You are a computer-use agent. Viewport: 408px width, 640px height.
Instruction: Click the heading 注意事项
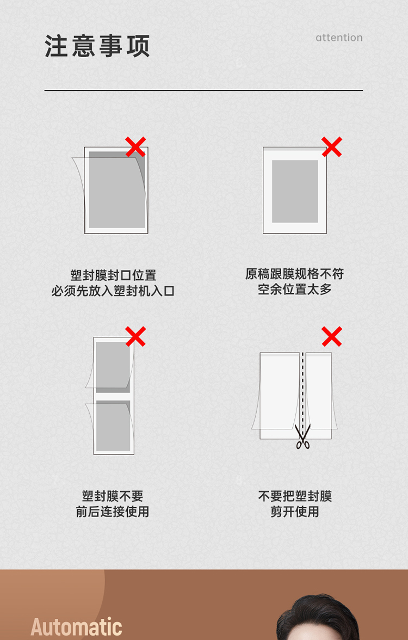(97, 46)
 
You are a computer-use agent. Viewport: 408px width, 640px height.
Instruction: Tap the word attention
(339, 38)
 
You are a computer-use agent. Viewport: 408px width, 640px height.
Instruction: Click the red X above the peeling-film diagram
(135, 147)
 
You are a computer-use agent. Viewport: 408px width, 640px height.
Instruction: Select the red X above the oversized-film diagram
(332, 147)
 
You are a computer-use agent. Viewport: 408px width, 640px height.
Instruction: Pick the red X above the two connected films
(135, 336)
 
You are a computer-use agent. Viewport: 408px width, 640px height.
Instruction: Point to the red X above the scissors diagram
(332, 336)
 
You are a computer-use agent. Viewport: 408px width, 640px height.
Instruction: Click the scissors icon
(302, 436)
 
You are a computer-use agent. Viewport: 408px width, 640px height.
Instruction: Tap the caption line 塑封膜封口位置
(113, 275)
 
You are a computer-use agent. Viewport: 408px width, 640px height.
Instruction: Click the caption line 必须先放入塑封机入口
(113, 291)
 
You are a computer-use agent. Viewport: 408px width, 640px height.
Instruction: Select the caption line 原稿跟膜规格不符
(295, 273)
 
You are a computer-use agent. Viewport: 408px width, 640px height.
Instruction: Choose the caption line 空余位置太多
(295, 289)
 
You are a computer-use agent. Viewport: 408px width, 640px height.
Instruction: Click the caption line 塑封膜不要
(113, 496)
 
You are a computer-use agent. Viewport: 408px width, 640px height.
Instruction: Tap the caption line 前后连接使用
(113, 512)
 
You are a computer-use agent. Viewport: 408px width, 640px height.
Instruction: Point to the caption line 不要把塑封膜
(295, 496)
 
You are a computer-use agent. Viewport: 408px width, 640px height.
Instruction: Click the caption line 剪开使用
(295, 512)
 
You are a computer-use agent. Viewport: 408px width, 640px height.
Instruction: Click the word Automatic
(76, 627)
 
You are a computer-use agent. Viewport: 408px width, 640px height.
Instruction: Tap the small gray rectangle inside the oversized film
(295, 192)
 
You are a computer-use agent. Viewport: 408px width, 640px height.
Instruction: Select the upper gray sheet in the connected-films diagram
(113, 367)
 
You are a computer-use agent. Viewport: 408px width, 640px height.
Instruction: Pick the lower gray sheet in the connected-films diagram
(113, 426)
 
